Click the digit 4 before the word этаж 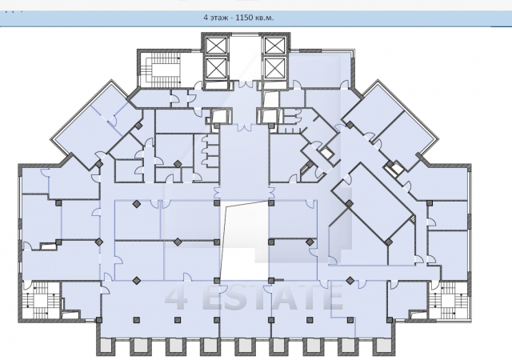pos(206,18)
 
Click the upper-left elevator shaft pos(217,46)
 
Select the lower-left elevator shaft pos(217,68)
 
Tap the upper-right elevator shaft pos(275,46)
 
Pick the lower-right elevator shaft pos(275,68)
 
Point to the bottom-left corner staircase pos(41,299)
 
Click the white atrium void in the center pos(245,241)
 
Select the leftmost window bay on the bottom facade pos(106,347)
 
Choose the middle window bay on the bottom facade pos(246,347)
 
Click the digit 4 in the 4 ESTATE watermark pos(177,298)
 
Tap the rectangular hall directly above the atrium pos(245,162)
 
